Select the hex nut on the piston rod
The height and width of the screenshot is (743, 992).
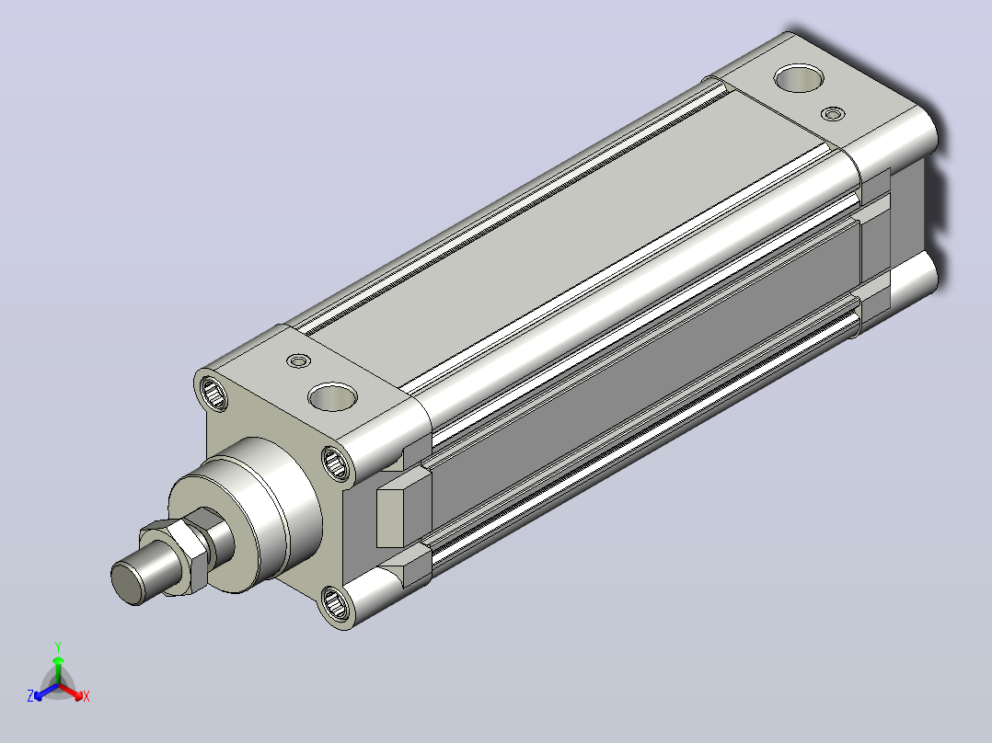pos(175,556)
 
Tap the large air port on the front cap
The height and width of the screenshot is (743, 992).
pos(333,397)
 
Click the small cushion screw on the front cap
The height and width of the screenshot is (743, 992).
pos(298,361)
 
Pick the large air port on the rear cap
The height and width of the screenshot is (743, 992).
pos(799,78)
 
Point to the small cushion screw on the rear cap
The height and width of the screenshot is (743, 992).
pos(833,114)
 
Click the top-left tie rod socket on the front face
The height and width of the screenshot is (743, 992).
pos(213,393)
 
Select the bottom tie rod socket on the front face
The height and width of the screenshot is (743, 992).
pos(335,602)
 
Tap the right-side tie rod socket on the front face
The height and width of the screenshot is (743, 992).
pos(336,463)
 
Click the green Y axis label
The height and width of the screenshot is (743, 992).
pos(58,646)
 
